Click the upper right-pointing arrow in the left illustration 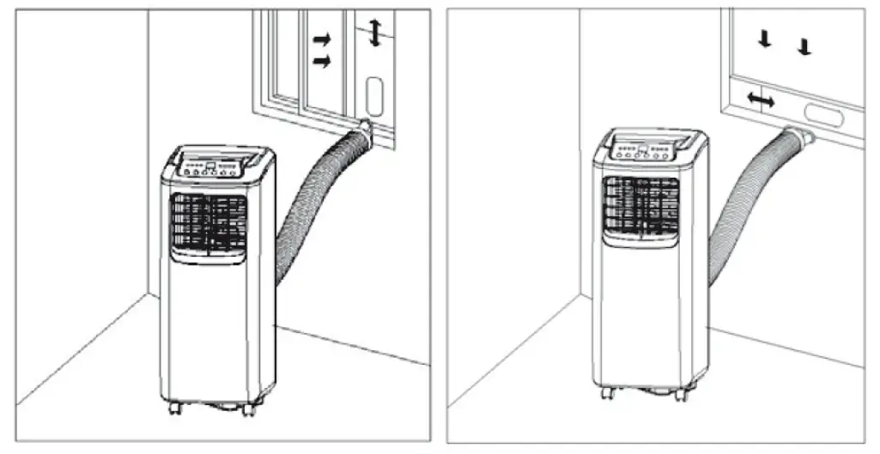(x=319, y=39)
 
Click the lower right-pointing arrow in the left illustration (x=319, y=61)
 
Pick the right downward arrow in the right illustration (x=804, y=46)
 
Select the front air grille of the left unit (x=209, y=226)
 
